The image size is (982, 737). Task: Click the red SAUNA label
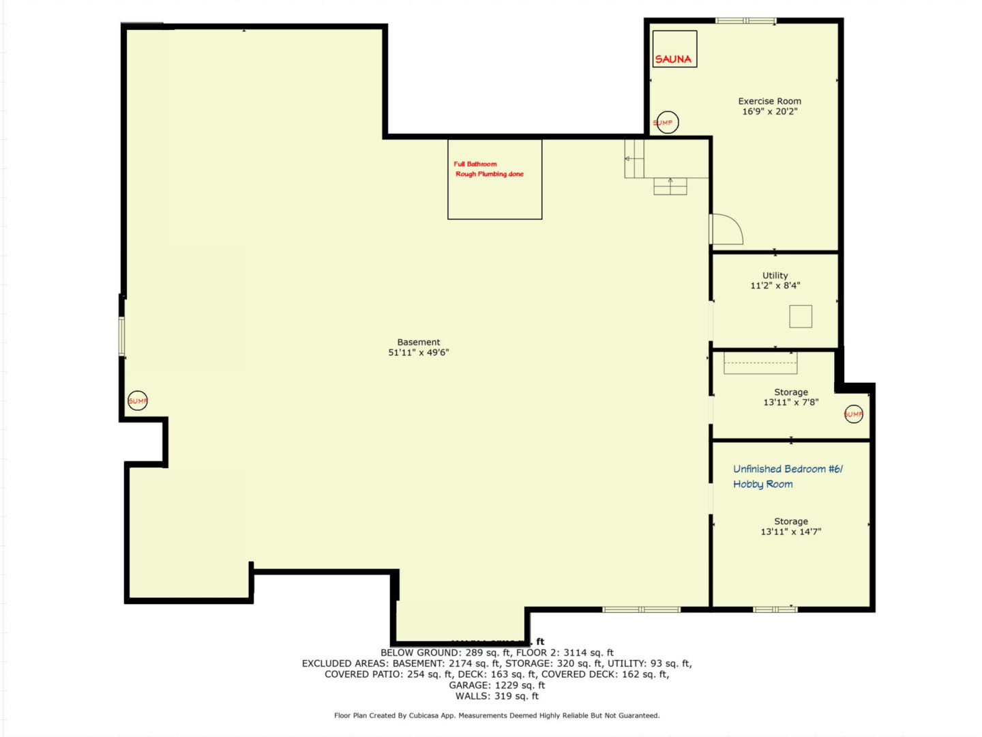point(673,59)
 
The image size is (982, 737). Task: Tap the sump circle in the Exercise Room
point(667,123)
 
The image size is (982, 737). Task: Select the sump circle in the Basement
point(138,401)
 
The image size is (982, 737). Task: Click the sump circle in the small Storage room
point(854,414)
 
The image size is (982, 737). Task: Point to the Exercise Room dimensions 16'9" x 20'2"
point(770,112)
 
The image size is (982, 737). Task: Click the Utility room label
point(775,276)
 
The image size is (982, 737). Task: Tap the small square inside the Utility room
point(801,317)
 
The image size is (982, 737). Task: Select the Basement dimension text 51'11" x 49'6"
point(419,353)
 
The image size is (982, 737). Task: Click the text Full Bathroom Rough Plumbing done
point(489,169)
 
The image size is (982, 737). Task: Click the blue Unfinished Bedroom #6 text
point(788,469)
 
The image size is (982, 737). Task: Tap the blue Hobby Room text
point(762,485)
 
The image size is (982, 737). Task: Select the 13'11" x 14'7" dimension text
point(791,532)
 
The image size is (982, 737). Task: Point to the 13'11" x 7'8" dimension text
point(791,403)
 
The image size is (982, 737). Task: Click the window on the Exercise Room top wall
point(745,21)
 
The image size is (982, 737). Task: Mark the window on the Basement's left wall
point(122,336)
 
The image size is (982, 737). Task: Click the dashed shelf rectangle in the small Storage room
point(760,363)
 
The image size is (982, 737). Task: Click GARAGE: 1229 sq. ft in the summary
point(496,685)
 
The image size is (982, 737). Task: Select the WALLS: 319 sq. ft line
point(496,696)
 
